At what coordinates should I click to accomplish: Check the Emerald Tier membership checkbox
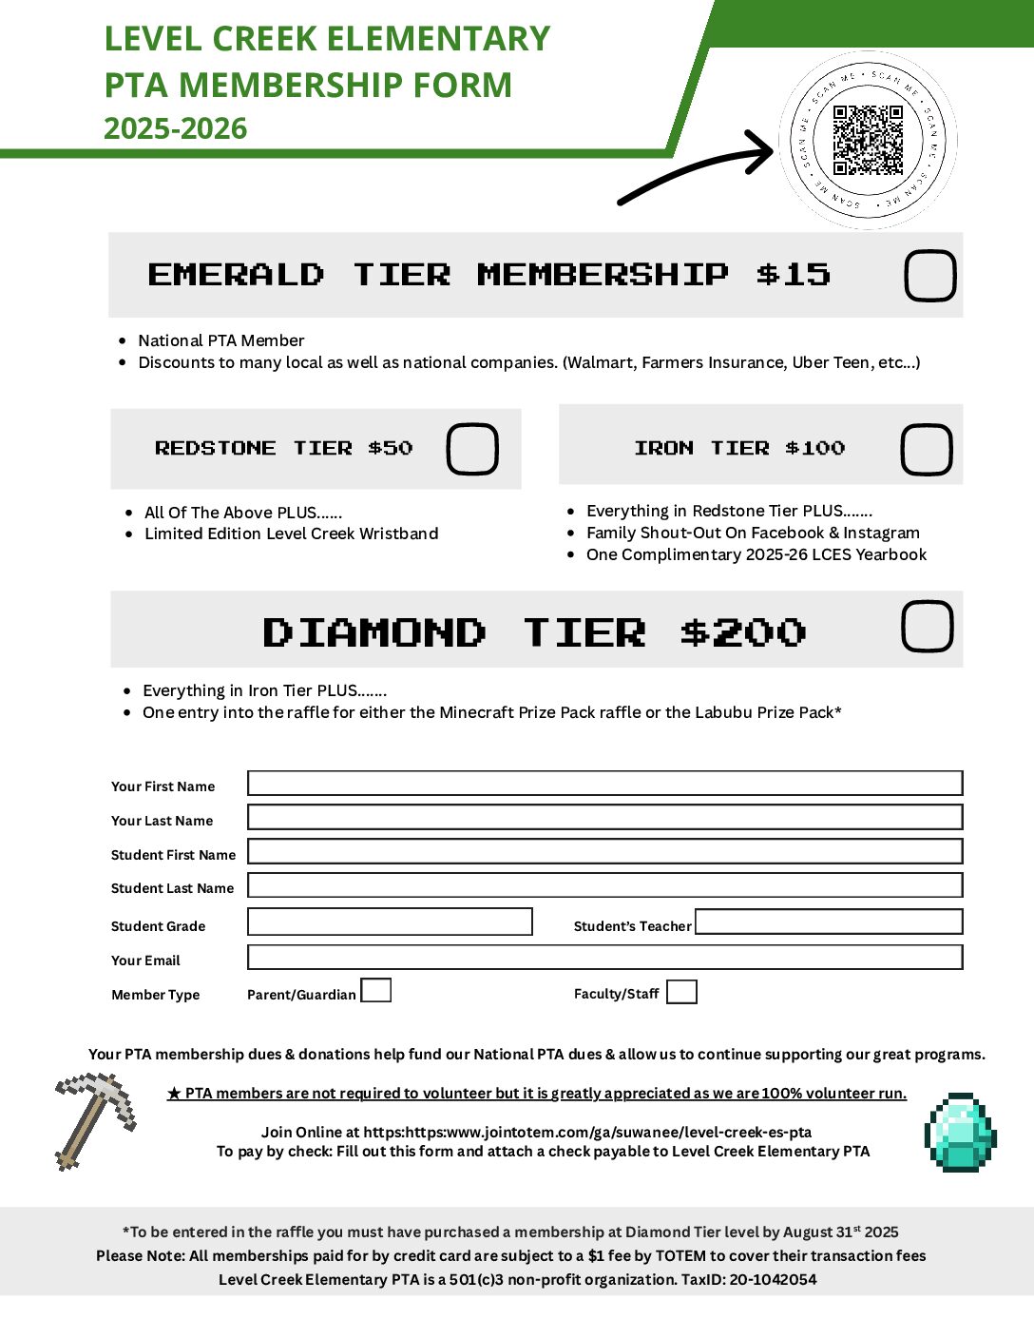[x=929, y=276]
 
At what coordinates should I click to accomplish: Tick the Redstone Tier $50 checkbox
[x=472, y=449]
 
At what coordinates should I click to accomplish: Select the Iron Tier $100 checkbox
[x=927, y=450]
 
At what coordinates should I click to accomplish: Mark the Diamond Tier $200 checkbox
[x=927, y=627]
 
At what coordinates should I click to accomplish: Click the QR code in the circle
[x=868, y=141]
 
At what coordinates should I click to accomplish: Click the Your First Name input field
[x=604, y=784]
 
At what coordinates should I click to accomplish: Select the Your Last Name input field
[x=604, y=818]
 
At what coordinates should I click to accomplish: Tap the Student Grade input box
[x=390, y=922]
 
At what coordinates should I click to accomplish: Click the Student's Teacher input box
[x=829, y=922]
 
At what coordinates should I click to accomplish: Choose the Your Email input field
[x=604, y=958]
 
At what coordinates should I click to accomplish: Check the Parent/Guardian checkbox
[x=376, y=991]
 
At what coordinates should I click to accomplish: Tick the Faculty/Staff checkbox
[x=681, y=992]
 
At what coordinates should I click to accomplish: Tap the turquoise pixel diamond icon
[x=960, y=1132]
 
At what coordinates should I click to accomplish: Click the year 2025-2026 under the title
[x=176, y=128]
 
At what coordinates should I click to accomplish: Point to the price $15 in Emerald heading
[x=794, y=275]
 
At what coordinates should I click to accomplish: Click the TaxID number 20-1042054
[x=773, y=1280]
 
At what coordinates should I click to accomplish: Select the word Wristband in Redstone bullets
[x=399, y=534]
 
